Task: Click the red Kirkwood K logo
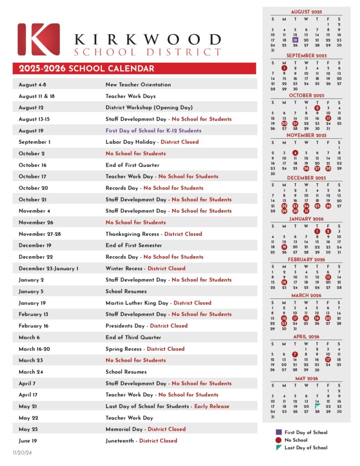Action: (x=39, y=39)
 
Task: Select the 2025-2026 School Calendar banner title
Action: (x=86, y=69)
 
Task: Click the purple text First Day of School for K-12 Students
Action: (x=153, y=131)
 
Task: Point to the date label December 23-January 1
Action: (x=48, y=268)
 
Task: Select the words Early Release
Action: (x=212, y=406)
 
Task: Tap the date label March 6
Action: (x=29, y=337)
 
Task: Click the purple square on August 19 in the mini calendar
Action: (x=295, y=40)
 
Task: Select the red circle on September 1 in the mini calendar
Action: (x=284, y=68)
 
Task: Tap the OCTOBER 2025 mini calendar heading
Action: (x=307, y=96)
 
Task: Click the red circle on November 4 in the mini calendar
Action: (x=295, y=153)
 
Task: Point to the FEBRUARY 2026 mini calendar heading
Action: (x=307, y=259)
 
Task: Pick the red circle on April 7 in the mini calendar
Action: (x=295, y=354)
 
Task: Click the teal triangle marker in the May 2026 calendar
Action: (x=317, y=405)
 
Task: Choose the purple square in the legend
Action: (x=278, y=432)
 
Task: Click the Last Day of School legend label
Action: (x=306, y=447)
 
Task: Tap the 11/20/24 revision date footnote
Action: (x=22, y=453)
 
